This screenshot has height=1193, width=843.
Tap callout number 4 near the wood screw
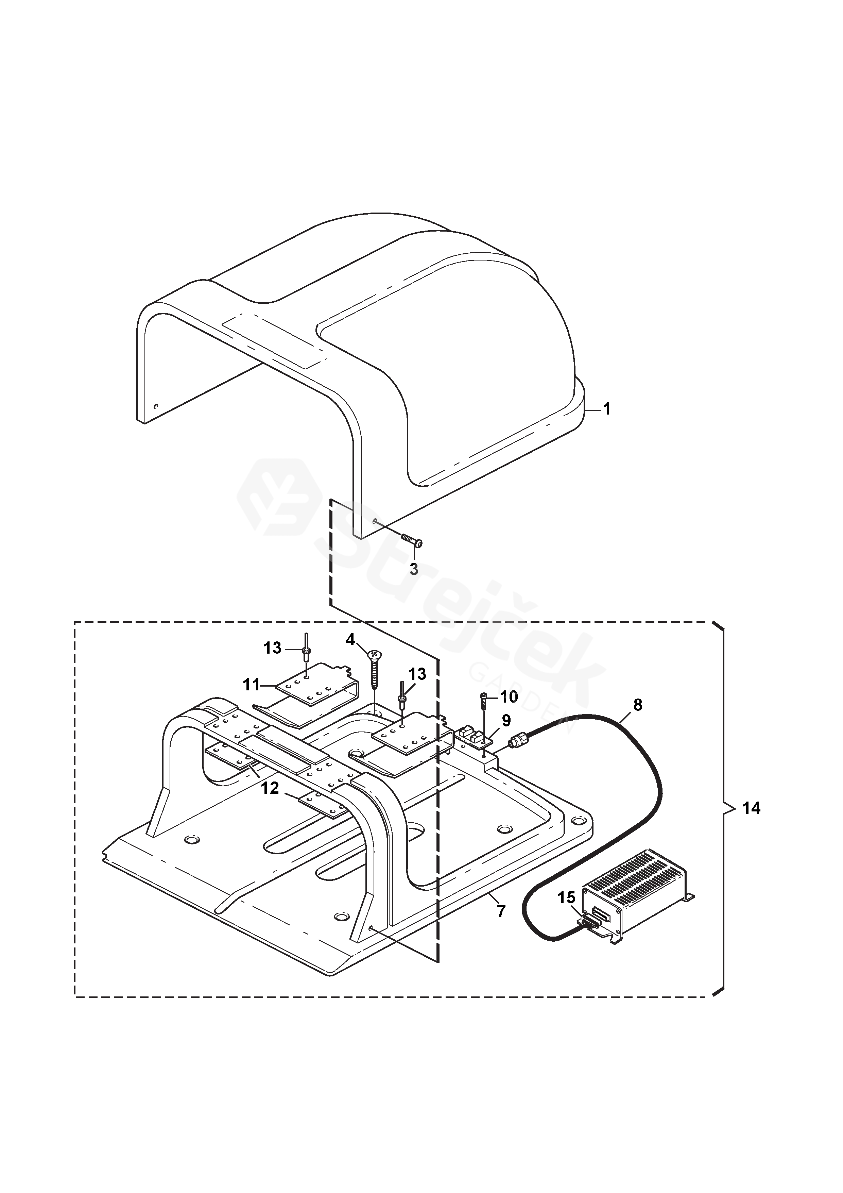pos(351,640)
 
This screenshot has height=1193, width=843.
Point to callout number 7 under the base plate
pos(501,911)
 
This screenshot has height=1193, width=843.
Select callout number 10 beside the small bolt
pos(510,697)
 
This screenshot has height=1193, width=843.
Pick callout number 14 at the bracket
pos(751,808)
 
